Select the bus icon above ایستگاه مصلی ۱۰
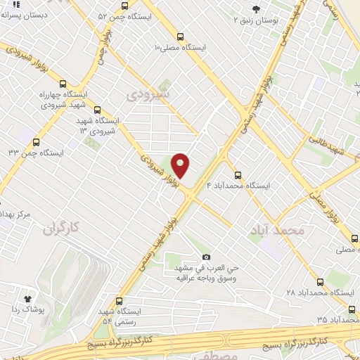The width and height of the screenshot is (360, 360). point(181,36)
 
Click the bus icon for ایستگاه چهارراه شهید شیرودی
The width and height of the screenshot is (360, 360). point(63,82)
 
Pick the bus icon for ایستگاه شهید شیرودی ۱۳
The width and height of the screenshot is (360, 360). point(97,110)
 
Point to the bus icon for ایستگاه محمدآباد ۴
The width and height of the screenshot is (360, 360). point(238,175)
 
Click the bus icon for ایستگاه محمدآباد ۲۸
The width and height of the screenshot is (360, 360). point(321,281)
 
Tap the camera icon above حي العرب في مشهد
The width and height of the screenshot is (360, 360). point(206,257)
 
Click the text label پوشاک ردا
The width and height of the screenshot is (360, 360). point(30,310)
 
